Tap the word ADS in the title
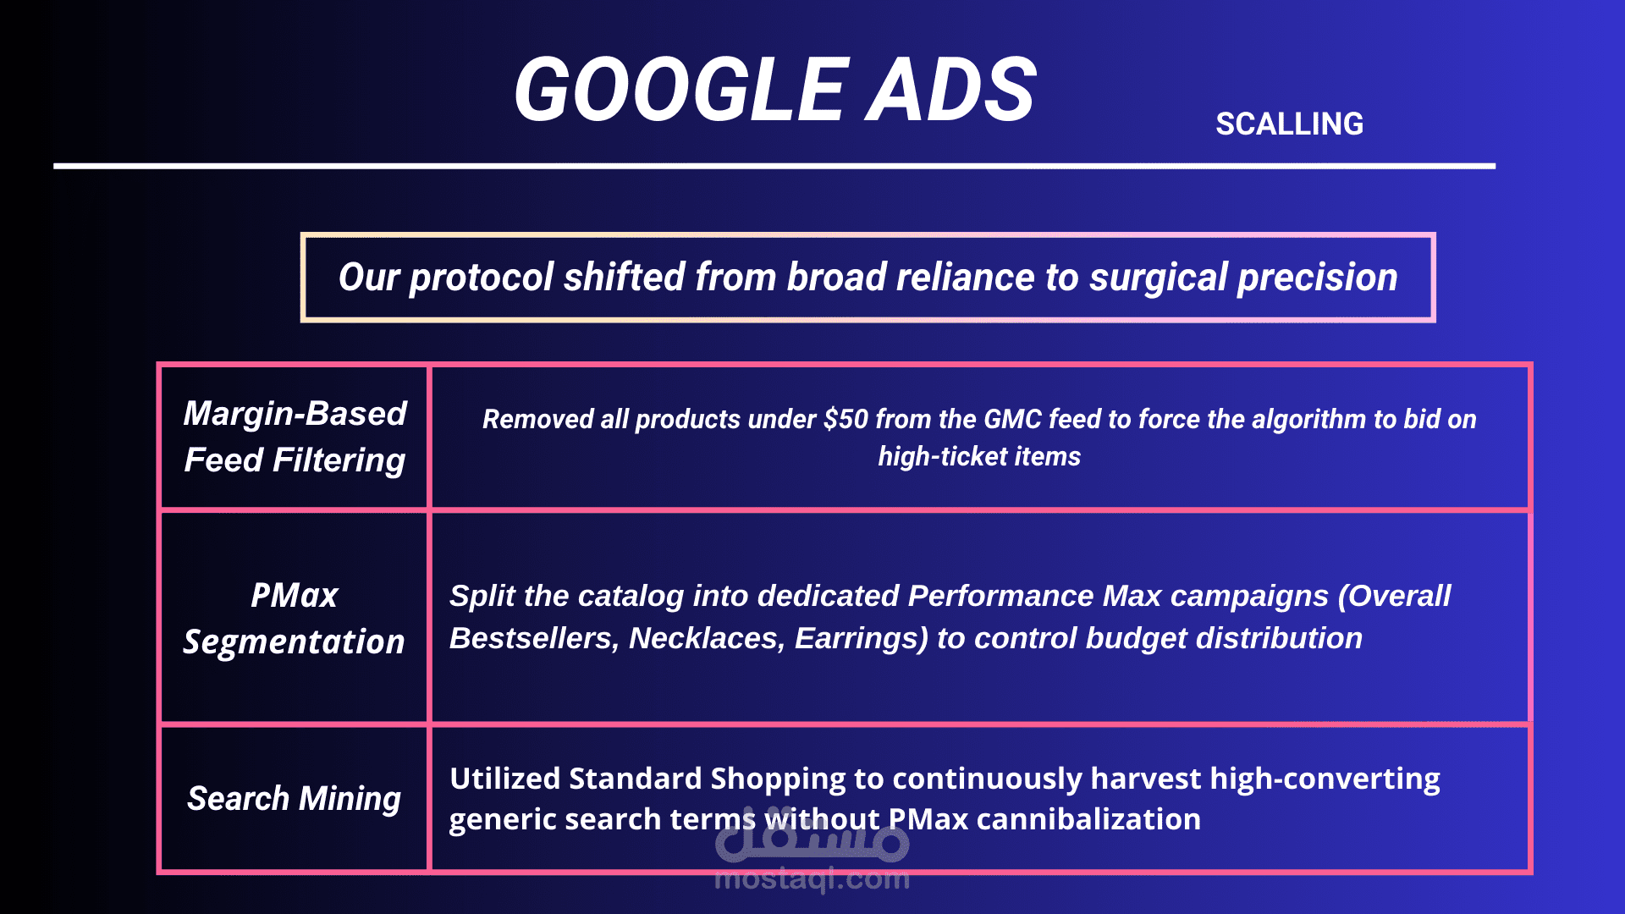tap(951, 89)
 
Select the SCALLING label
tap(1289, 124)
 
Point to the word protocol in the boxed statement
tap(482, 278)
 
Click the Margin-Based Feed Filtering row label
tap(295, 437)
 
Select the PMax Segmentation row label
tap(294, 619)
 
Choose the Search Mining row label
tap(294, 798)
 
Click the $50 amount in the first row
tap(846, 419)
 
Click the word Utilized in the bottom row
tap(504, 779)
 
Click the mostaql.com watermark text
tap(812, 878)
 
